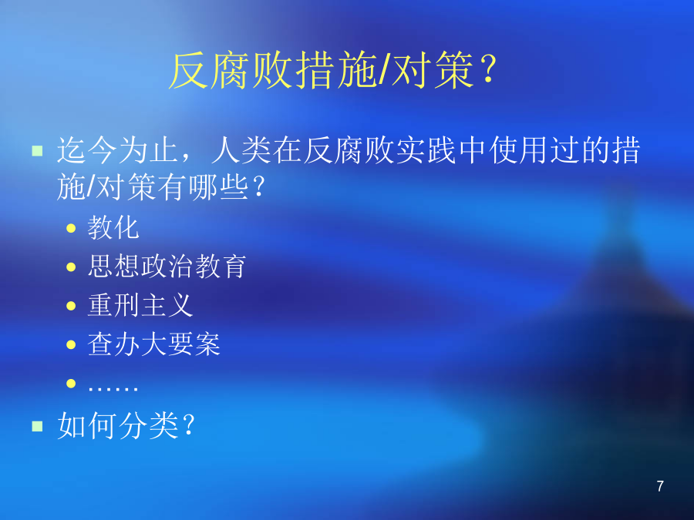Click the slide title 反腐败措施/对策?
click(333, 71)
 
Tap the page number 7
click(660, 486)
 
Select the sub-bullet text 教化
click(113, 228)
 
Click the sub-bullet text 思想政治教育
click(167, 267)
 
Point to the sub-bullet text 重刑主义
click(140, 305)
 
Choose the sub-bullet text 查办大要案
click(153, 344)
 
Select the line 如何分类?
click(126, 425)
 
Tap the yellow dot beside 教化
click(71, 228)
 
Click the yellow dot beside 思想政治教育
click(71, 267)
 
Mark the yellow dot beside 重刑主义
click(71, 306)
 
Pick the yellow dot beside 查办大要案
click(71, 344)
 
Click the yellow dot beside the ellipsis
click(71, 384)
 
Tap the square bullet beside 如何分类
click(37, 426)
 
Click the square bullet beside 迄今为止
click(37, 151)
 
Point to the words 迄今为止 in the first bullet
click(117, 150)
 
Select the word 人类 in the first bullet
click(241, 150)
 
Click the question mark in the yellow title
click(489, 70)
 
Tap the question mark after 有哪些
click(258, 187)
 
